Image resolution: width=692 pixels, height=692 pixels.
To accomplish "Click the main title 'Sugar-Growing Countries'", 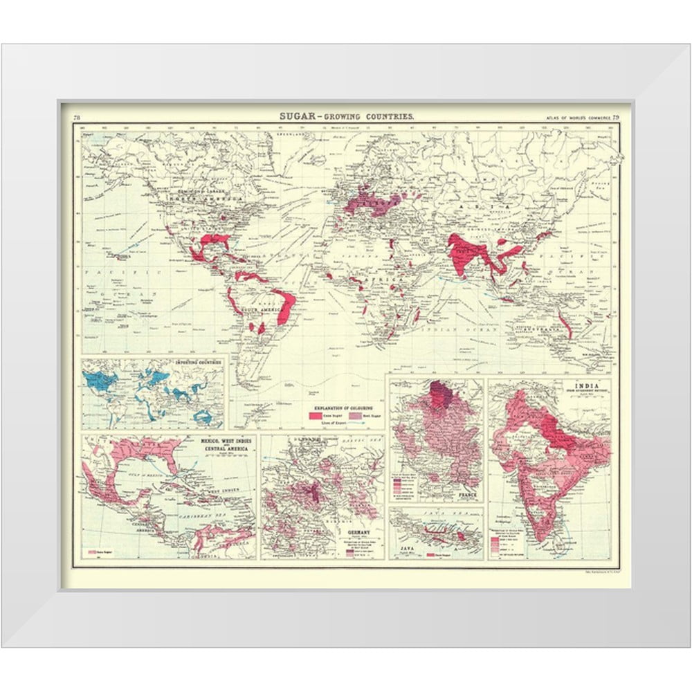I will click(x=347, y=116).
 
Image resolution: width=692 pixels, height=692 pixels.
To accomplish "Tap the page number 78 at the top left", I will click(x=77, y=118).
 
